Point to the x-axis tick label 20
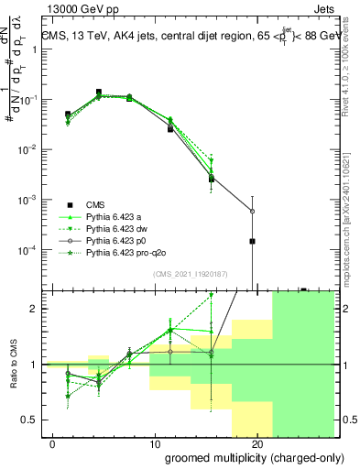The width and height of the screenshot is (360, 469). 256,445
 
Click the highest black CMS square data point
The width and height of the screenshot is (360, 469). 99,93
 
